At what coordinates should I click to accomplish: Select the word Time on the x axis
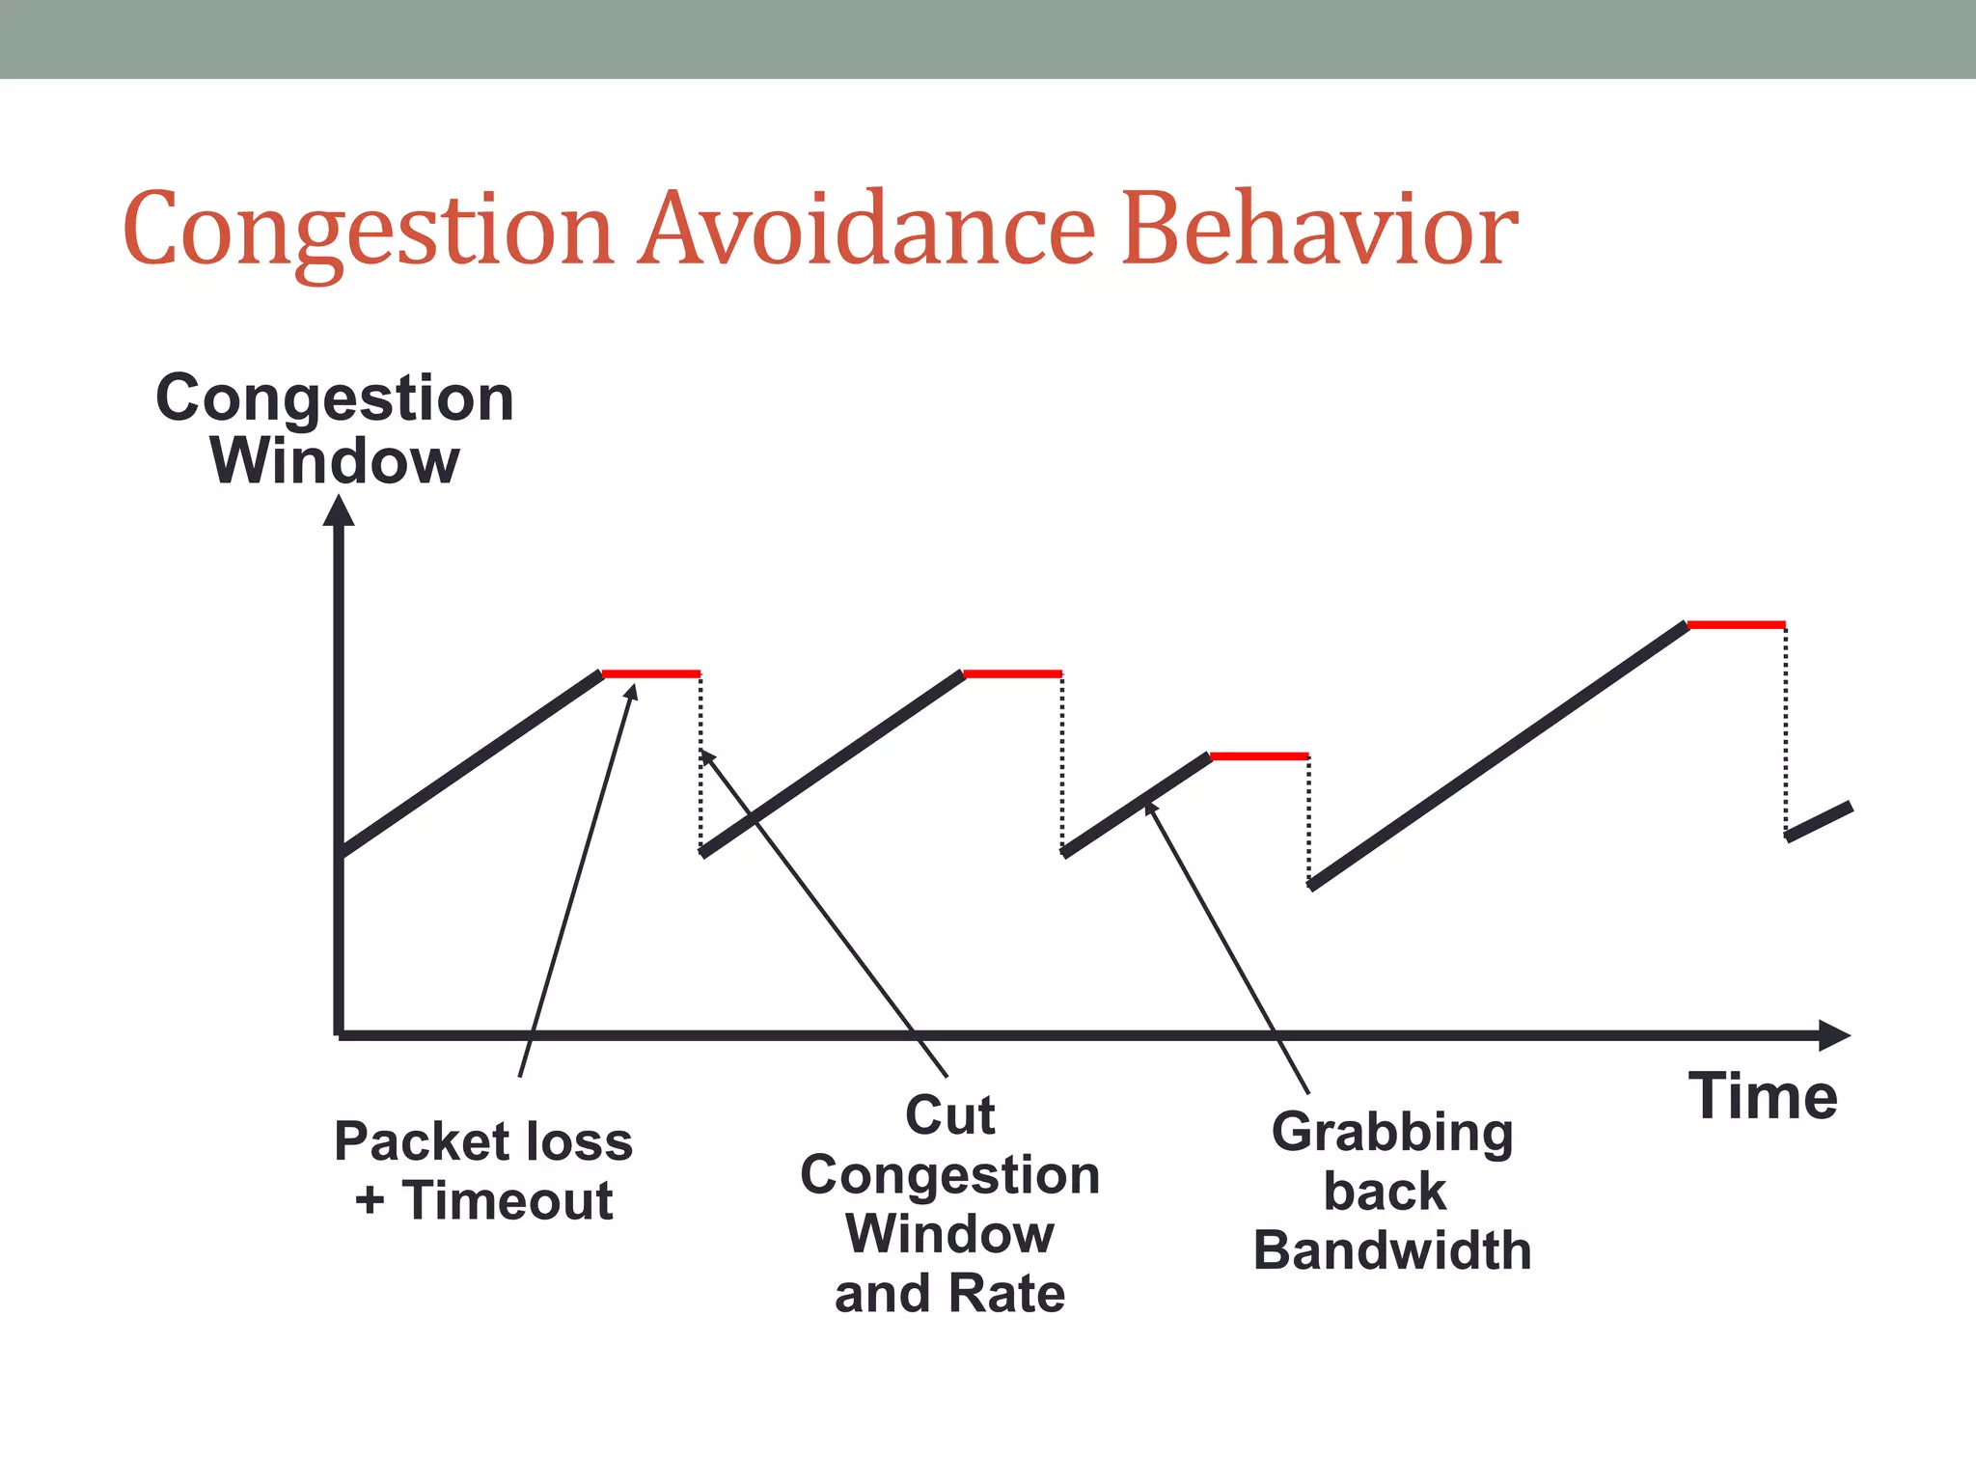1763,1097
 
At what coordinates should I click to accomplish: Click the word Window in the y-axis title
335,461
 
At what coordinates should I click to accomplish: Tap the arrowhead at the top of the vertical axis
339,510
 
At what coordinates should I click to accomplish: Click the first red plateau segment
651,673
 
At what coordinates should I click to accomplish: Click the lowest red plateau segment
1259,756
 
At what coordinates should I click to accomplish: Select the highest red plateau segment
1736,625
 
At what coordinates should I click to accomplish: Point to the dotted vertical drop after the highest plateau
1786,728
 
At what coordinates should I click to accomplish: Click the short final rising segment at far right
1820,822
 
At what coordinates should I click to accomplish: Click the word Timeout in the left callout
508,1201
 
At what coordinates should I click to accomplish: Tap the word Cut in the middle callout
949,1116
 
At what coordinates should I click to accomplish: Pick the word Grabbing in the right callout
1391,1133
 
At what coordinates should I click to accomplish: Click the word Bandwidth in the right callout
1391,1251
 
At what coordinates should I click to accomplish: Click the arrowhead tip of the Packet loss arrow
634,687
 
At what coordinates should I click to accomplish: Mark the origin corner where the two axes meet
339,1035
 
